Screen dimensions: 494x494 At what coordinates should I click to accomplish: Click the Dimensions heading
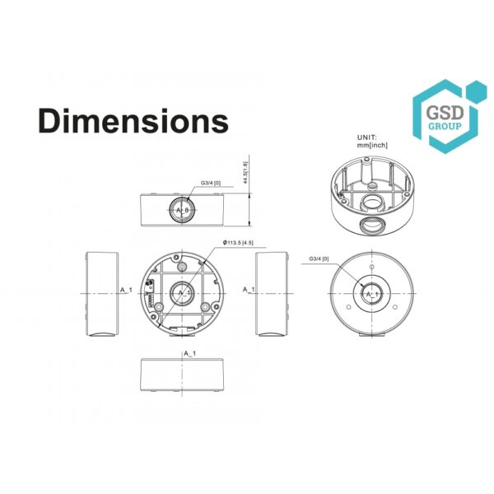tap(133, 121)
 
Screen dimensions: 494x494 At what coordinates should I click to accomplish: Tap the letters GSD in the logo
tap(445, 113)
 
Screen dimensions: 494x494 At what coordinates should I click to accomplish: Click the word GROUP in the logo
tap(445, 126)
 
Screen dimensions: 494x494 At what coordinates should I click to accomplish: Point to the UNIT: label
tap(366, 137)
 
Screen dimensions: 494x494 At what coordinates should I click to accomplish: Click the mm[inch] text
tap(372, 145)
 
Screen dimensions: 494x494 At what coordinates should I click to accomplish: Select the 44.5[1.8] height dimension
tap(245, 172)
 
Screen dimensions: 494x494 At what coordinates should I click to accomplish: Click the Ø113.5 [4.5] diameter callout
tap(238, 243)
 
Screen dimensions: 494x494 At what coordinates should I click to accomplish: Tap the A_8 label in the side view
tap(183, 210)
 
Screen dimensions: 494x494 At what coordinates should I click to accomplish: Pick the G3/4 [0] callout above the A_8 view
tap(211, 183)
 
